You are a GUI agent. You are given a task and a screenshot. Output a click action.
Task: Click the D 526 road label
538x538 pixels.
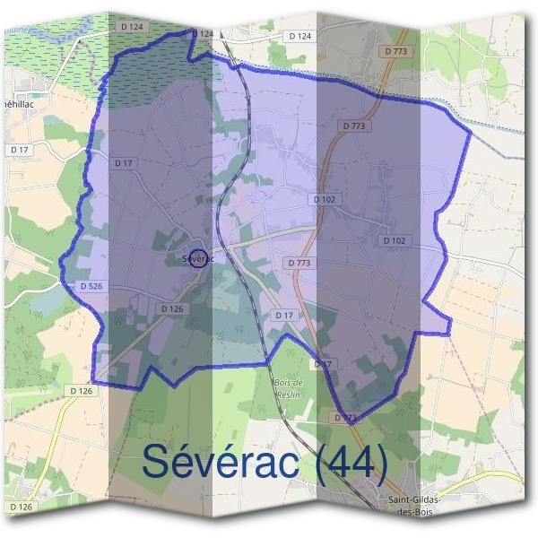click(x=91, y=286)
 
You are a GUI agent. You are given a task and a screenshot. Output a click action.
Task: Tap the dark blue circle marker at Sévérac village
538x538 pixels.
click(x=199, y=257)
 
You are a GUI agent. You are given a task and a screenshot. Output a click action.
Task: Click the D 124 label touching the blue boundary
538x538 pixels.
click(x=204, y=33)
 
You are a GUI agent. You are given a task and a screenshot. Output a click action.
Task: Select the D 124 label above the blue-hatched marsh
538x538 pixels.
click(x=131, y=27)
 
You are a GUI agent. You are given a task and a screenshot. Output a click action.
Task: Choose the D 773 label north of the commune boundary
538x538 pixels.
click(x=396, y=52)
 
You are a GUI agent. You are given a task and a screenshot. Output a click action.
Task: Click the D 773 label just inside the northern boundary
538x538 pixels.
click(x=354, y=126)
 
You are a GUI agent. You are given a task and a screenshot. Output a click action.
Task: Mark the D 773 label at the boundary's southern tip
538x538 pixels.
click(x=345, y=418)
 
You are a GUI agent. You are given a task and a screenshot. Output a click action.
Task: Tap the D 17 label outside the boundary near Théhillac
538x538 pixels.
click(x=19, y=149)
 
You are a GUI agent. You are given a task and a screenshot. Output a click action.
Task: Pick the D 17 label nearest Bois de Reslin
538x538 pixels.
click(x=323, y=364)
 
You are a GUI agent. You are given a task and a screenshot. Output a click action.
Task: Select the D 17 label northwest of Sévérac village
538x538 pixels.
click(x=125, y=162)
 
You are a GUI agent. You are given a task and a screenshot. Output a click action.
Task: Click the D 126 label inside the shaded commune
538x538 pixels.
click(x=172, y=308)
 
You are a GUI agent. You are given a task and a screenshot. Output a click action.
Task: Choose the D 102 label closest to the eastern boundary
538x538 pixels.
click(x=395, y=240)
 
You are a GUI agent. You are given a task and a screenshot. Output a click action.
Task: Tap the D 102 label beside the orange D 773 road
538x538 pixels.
click(x=324, y=198)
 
